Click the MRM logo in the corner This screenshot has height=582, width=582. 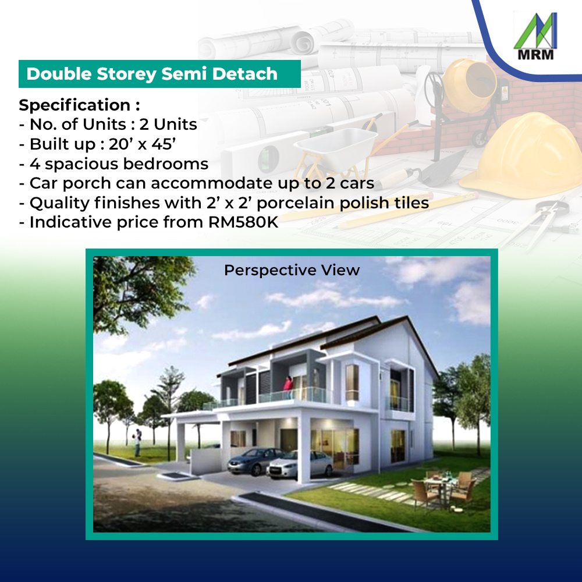tap(535, 36)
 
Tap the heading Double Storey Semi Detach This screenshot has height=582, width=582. tap(152, 74)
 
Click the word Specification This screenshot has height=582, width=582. tap(74, 105)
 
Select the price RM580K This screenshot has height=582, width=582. tap(243, 222)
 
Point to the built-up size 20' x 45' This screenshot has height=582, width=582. tap(142, 144)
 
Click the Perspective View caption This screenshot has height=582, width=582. tap(292, 270)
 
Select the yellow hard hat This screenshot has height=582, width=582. tap(521, 152)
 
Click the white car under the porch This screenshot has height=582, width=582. tap(299, 464)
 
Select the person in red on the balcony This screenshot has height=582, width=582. tap(288, 388)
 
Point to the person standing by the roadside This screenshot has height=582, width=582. tap(137, 442)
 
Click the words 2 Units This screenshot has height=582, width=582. tap(168, 125)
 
